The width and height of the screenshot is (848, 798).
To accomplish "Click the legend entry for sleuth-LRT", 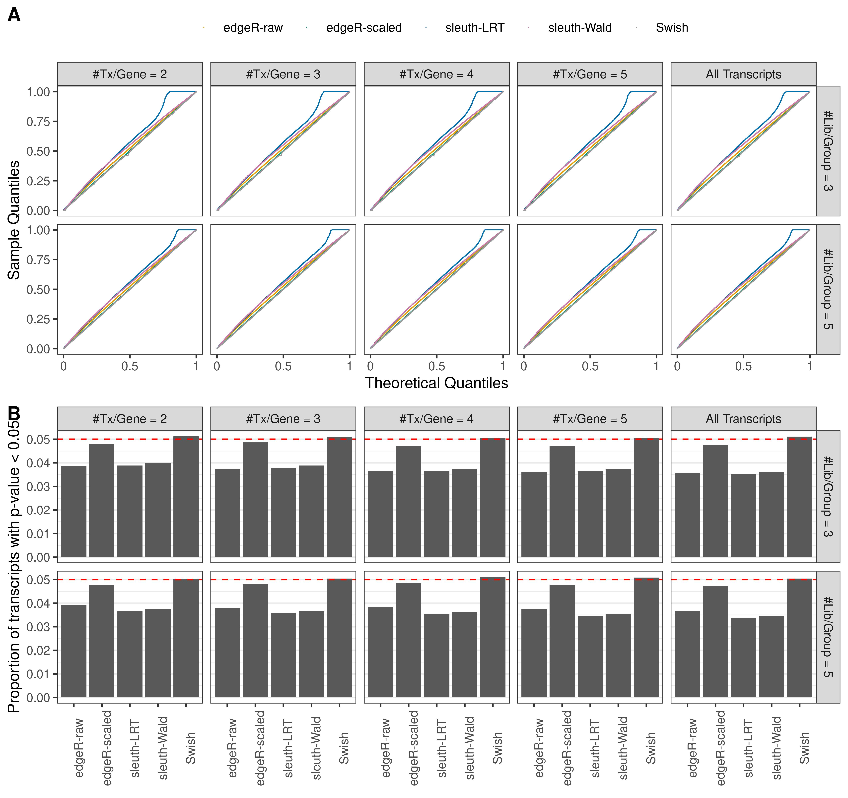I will coord(474,28).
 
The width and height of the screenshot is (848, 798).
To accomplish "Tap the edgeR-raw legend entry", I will coord(253,28).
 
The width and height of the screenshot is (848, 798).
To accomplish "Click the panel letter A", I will coord(14,15).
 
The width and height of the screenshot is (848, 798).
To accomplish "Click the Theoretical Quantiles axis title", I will coord(436,383).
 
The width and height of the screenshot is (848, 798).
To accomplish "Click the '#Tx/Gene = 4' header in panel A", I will coord(436,74).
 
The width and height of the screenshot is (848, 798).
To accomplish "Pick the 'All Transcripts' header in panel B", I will coord(743,419).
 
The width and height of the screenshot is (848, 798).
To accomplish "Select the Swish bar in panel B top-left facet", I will coord(186,497).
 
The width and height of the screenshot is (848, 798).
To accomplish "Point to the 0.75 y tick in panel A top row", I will coord(38,122).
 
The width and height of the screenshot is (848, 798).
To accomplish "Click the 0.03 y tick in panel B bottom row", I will coord(38,627).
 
